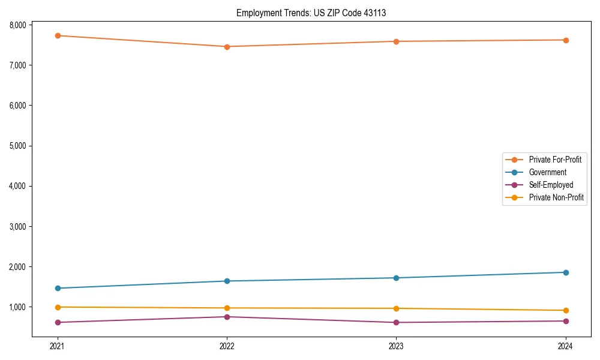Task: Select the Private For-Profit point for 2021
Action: [58, 36]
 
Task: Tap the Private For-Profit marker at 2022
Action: [227, 47]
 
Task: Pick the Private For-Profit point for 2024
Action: [566, 40]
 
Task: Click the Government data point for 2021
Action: [58, 289]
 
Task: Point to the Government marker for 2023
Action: [397, 278]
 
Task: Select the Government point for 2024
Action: [566, 272]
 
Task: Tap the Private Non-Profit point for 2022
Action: [227, 308]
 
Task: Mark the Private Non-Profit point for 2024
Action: [566, 310]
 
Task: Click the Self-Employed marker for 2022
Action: [227, 317]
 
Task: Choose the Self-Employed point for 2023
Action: [397, 323]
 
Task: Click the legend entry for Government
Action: [547, 172]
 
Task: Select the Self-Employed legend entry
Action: [551, 185]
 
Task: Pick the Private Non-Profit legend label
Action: [556, 197]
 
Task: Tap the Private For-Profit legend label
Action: [555, 160]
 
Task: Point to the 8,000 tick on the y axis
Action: [17, 25]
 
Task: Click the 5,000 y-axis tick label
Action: [17, 146]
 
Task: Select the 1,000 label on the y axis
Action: [17, 307]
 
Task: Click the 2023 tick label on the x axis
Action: [397, 346]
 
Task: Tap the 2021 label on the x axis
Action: [58, 346]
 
